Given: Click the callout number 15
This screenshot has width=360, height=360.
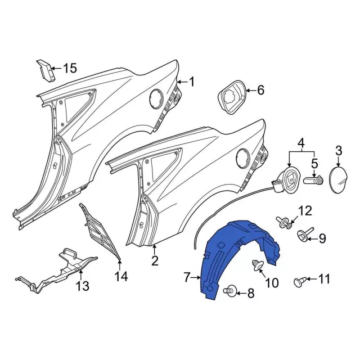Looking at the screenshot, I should coord(69,69).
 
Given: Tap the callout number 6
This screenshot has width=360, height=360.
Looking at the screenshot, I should coord(260,89).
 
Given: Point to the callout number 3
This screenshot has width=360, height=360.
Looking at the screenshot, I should coord(301,141).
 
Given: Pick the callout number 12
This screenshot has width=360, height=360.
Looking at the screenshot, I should coord(304,211).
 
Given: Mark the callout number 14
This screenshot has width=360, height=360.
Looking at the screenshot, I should coord(121,276).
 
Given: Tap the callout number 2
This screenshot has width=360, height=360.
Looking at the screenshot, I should coord(155,260).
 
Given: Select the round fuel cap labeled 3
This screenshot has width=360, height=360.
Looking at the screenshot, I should coord(339,178).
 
